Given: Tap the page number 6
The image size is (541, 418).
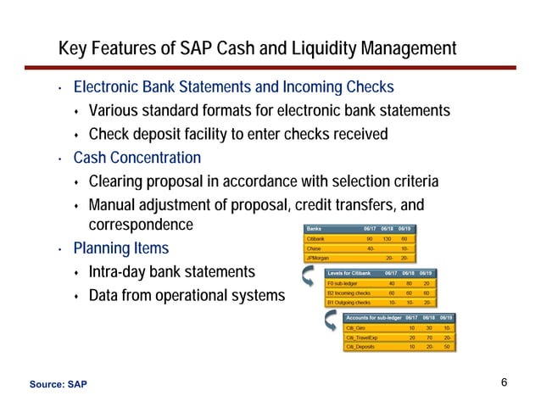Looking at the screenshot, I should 504,382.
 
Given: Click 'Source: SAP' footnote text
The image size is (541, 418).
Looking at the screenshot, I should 58,385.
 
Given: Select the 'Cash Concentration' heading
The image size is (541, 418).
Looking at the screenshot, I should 137,158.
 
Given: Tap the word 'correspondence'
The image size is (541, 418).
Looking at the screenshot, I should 141,226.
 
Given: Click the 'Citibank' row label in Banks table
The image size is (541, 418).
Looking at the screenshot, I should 315,239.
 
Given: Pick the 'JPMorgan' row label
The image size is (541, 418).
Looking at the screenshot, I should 316,258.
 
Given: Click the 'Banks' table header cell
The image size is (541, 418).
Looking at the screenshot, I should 313,228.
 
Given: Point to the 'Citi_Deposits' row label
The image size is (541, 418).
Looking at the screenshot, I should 365,347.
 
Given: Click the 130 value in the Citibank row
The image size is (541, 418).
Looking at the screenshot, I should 387,239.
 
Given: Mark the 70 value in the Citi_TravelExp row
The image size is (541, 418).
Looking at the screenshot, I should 430,337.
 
